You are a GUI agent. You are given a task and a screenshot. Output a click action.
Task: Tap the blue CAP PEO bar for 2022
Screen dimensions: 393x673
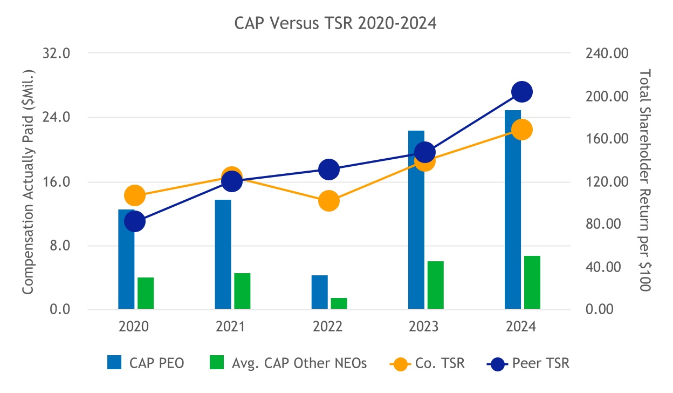(320, 292)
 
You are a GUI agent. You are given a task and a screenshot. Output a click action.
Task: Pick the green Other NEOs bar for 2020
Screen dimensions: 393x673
(146, 293)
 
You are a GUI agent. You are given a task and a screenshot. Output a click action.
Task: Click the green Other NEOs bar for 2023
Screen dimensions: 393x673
(436, 285)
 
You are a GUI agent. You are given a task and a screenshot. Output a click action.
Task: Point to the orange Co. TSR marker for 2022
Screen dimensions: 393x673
(328, 201)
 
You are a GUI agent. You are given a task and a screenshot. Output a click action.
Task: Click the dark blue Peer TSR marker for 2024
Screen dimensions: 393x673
(521, 92)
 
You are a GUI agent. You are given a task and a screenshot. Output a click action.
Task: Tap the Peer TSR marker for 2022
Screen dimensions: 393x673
(328, 170)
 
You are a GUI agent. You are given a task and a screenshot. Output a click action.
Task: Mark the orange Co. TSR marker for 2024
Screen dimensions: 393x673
(521, 130)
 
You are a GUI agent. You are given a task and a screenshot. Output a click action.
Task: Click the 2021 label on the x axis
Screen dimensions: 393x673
(231, 327)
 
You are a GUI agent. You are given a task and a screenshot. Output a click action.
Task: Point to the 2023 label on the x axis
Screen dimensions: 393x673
(424, 327)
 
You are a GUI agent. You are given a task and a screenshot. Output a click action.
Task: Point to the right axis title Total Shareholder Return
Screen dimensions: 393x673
(645, 181)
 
